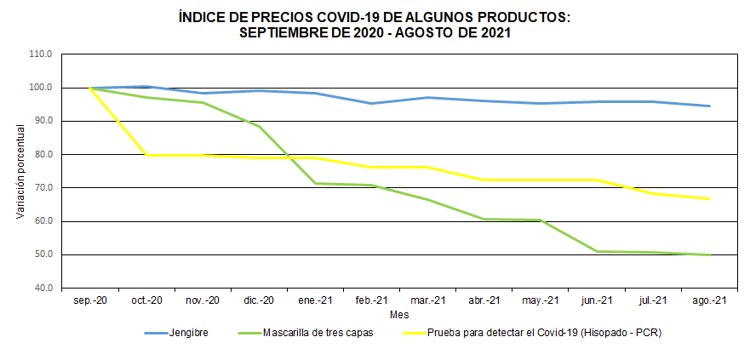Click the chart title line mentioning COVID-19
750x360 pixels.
pos(375,17)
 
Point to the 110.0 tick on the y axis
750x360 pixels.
pos(40,54)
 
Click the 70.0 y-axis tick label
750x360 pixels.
pos(40,188)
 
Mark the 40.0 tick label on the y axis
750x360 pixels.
pos(40,289)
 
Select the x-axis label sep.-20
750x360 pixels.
pos(90,300)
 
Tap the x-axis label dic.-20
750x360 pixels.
pos(259,300)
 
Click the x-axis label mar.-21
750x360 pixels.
pos(427,300)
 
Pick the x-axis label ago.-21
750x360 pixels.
pos(709,300)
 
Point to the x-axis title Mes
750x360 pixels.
pos(399,314)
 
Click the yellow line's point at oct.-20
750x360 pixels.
pos(146,155)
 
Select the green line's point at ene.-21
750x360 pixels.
pos(315,183)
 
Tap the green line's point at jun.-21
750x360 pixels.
pos(597,251)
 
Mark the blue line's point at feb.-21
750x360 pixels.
pos(371,104)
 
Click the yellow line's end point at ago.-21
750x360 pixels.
pos(709,199)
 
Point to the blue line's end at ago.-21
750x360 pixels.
pos(709,106)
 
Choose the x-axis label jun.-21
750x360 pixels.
pos(597,300)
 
